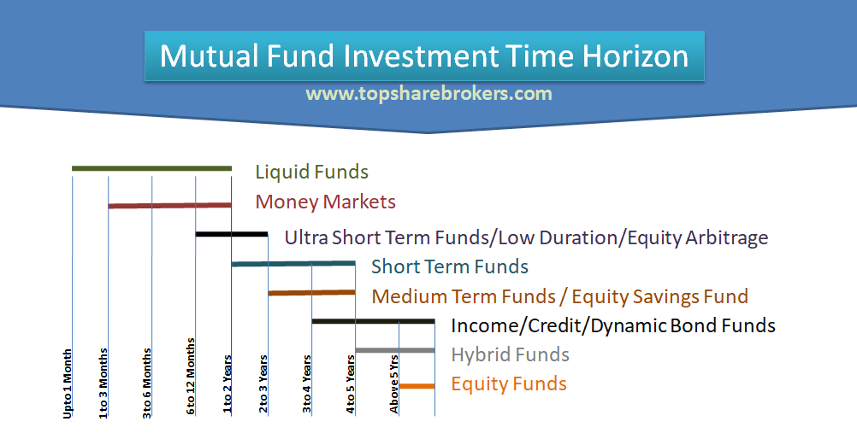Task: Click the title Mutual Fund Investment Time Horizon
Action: (424, 56)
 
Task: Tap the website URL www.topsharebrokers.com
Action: (428, 93)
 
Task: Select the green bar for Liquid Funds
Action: (151, 168)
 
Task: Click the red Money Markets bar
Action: (169, 205)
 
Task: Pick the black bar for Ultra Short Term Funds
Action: (232, 234)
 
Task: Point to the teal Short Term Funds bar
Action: (293, 263)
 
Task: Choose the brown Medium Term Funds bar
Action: (311, 293)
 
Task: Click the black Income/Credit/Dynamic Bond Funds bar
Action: (373, 321)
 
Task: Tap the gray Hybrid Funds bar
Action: (394, 350)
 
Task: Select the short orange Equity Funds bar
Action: (417, 386)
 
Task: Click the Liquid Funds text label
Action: (311, 173)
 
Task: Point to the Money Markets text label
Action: (325, 202)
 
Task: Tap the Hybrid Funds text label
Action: (510, 354)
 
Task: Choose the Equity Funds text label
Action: (509, 384)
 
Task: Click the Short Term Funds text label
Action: (449, 266)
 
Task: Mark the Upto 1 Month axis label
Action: (68, 383)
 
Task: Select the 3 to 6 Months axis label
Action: (147, 383)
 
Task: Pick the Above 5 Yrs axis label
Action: (394, 384)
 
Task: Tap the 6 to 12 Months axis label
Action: (191, 377)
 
